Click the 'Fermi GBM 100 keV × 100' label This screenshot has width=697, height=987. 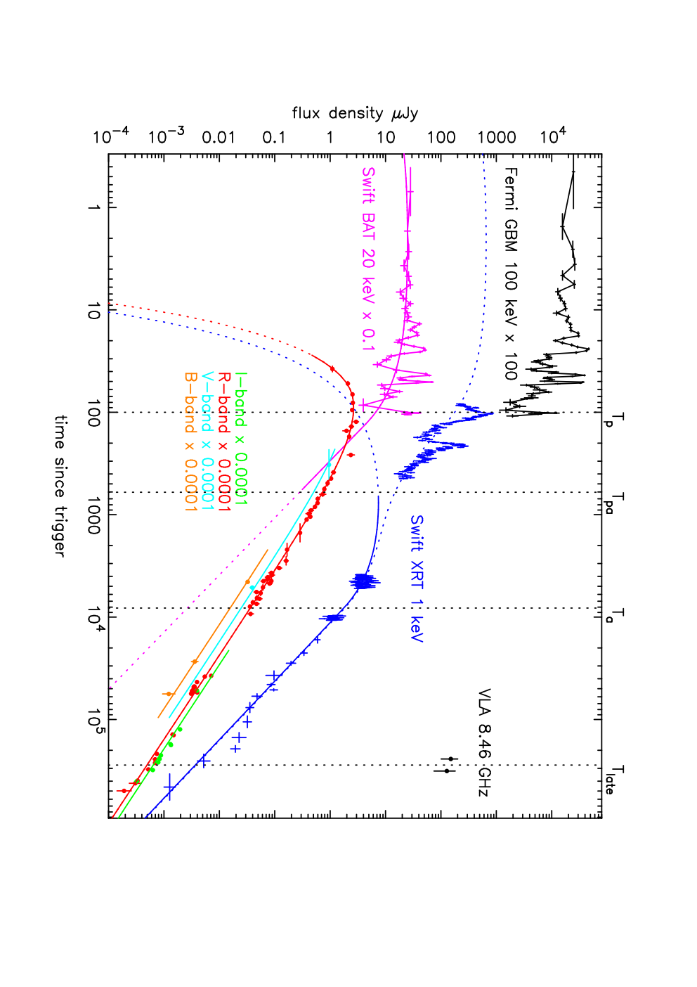[511, 273]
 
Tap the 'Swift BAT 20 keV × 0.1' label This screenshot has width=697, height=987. [367, 259]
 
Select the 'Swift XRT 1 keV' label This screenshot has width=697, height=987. [416, 579]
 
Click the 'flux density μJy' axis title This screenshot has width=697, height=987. [355, 114]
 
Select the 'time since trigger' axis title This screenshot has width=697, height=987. [60, 486]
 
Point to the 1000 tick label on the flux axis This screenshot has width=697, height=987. [497, 138]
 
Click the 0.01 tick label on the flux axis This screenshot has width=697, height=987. [219, 138]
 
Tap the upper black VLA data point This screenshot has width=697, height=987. [450, 759]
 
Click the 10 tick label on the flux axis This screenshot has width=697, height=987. [386, 138]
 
